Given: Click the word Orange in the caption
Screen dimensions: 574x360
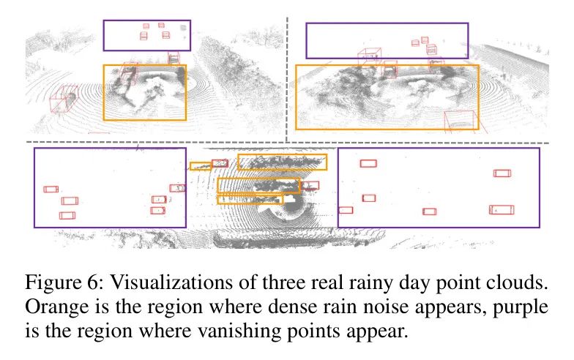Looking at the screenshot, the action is click(x=57, y=307).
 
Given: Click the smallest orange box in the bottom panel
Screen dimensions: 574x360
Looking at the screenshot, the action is click(x=201, y=166).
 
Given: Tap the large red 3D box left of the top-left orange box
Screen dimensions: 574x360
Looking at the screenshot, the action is click(x=63, y=99).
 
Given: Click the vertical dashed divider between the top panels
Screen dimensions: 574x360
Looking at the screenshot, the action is click(x=287, y=80).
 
